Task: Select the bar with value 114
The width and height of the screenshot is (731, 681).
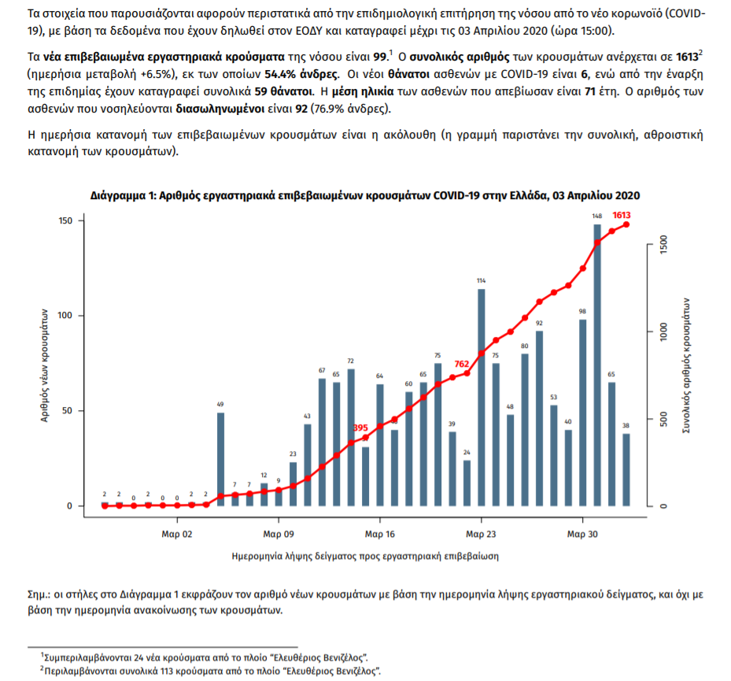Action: click(481, 397)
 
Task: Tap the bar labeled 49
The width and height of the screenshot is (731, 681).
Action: click(220, 459)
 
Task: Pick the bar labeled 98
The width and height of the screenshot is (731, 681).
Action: click(583, 412)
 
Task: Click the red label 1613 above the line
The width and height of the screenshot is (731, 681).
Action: click(622, 215)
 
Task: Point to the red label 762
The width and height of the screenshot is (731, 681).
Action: click(461, 364)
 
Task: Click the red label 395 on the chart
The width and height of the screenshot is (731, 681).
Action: click(360, 427)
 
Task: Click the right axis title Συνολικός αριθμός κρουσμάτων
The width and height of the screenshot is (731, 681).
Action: click(687, 367)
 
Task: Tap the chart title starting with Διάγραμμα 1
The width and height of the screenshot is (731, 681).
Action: click(365, 194)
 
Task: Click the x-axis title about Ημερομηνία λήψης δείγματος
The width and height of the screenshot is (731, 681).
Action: click(365, 555)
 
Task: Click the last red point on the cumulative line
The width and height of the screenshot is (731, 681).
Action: click(626, 224)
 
